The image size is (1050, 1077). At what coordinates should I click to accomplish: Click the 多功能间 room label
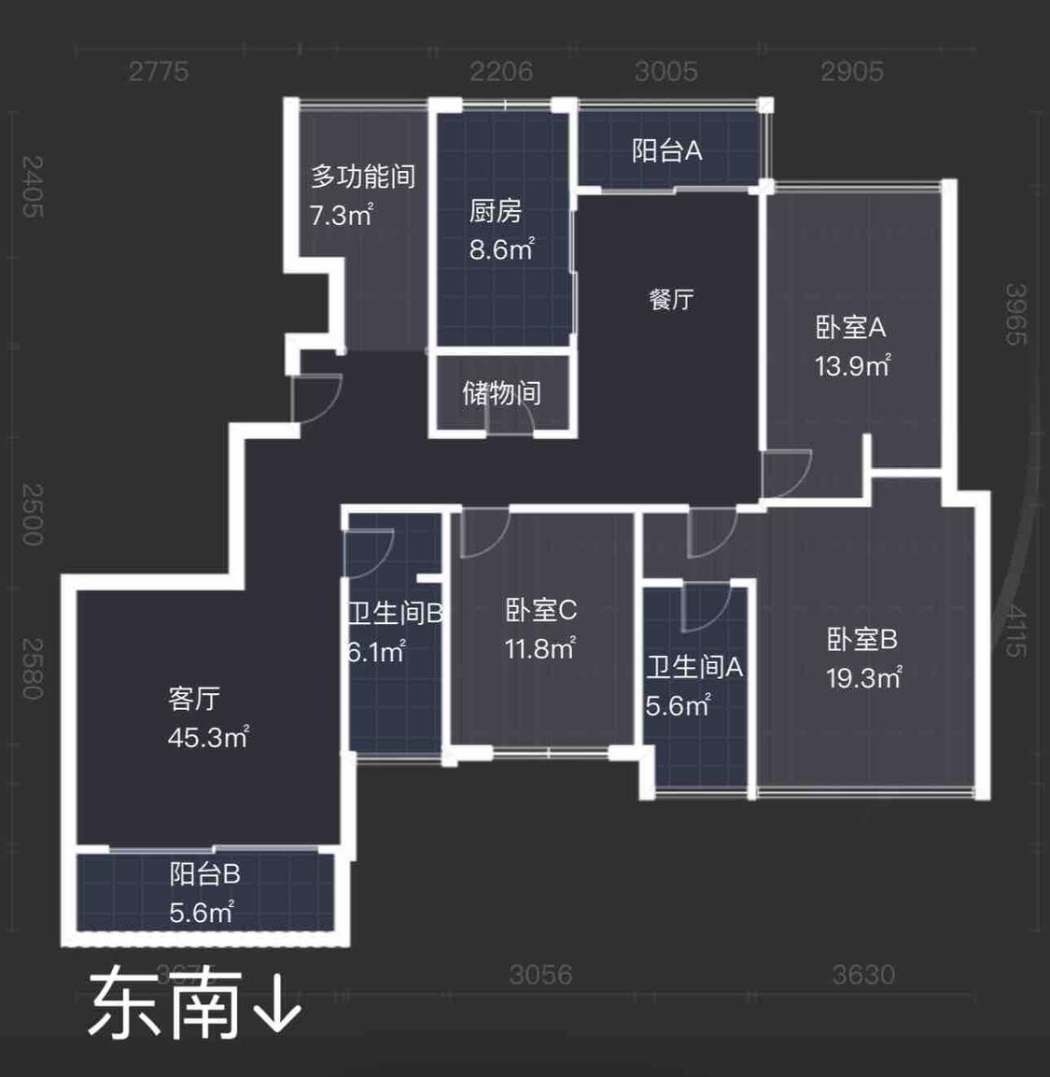click(363, 176)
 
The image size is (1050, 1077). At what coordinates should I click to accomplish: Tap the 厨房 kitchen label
click(495, 211)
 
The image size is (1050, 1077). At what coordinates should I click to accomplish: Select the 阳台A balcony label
click(666, 150)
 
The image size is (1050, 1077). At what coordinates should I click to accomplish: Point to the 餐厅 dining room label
click(671, 299)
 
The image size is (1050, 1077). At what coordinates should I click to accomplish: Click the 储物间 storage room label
click(501, 392)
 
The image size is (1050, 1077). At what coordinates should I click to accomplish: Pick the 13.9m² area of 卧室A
click(852, 365)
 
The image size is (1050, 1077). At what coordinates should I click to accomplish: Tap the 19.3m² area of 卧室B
click(863, 677)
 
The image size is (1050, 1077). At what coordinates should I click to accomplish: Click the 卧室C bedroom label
click(540, 610)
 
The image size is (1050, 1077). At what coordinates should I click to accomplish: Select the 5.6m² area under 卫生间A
click(678, 705)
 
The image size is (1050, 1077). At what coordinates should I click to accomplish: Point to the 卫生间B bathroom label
click(395, 613)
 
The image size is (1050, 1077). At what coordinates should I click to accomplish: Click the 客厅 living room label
click(194, 698)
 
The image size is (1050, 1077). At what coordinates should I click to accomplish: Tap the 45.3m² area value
click(207, 737)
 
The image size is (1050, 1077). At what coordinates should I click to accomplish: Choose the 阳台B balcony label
click(204, 873)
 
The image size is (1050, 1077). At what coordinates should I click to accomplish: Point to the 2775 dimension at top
click(159, 71)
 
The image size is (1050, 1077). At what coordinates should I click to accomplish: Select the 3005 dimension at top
click(666, 71)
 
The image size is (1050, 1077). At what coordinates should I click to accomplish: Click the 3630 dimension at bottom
click(863, 974)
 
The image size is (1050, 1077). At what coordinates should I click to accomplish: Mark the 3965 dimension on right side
click(1015, 314)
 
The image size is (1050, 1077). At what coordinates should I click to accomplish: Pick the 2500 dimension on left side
click(33, 514)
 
